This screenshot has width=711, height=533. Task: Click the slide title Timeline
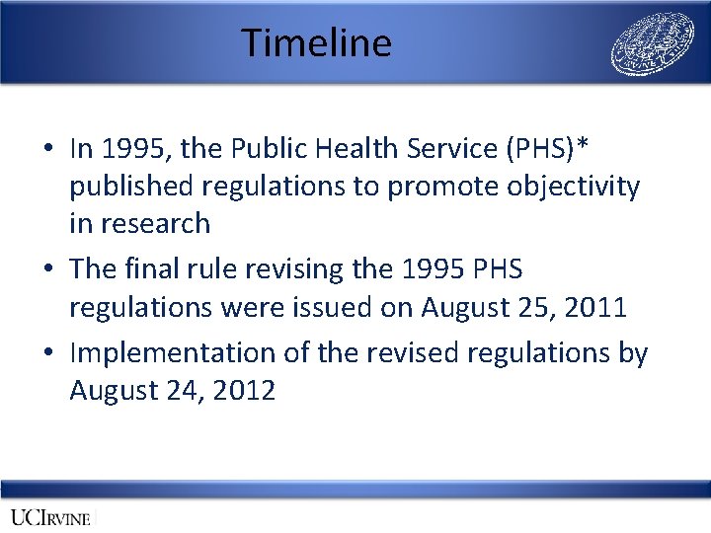point(316,43)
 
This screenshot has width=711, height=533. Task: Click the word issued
point(341,307)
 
